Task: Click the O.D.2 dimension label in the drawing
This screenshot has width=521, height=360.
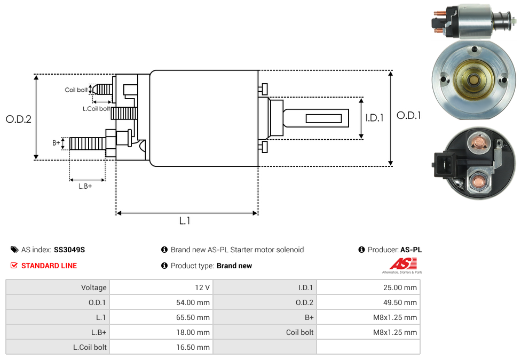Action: point(19,119)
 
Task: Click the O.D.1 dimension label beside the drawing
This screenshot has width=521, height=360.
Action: point(409,115)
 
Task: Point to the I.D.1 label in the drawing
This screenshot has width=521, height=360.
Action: point(374,118)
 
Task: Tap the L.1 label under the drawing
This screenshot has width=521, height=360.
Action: point(185,221)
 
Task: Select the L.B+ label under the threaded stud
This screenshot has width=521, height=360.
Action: point(85,186)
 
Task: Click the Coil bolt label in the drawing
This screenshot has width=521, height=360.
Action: point(76,90)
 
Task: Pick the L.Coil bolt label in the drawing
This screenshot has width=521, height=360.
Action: point(96,109)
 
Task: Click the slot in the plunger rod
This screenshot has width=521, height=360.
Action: point(323,118)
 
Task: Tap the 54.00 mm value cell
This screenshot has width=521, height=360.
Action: point(161,302)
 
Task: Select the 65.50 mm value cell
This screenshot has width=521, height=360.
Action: point(161,317)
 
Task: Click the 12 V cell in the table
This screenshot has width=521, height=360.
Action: point(161,287)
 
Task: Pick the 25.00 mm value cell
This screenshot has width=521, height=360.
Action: point(368,287)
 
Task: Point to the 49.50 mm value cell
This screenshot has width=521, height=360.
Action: point(368,302)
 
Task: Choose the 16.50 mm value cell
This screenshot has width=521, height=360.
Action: point(161,347)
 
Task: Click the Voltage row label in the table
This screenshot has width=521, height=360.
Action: point(94,287)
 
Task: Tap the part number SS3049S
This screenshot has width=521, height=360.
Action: point(69,250)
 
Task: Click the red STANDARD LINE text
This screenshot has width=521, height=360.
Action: point(49,266)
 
